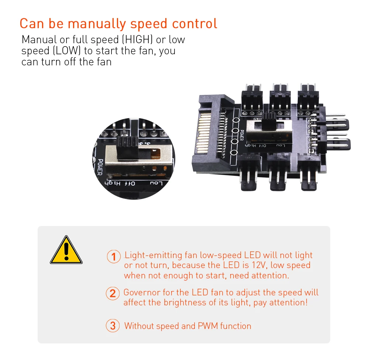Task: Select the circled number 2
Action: [x=113, y=294]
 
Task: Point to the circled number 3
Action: [x=113, y=326]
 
